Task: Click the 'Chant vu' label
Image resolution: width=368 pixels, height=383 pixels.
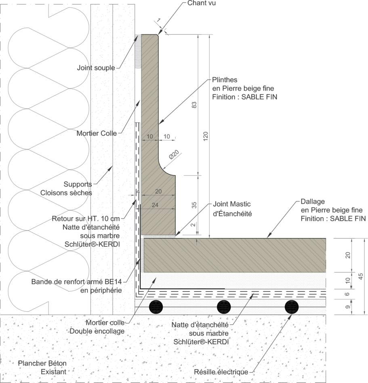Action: (201, 3)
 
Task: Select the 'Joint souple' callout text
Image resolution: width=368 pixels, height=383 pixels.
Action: (96, 68)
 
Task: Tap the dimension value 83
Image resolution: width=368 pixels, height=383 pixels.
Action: (194, 105)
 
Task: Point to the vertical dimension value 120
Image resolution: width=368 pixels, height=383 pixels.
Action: (206, 136)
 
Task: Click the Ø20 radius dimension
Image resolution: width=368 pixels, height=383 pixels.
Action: (174, 155)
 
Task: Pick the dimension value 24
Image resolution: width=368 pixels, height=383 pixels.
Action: (155, 205)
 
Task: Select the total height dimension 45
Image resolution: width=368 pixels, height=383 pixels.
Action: (361, 276)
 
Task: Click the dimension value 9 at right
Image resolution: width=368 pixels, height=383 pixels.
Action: (348, 307)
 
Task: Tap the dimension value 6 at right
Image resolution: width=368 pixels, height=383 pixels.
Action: (347, 294)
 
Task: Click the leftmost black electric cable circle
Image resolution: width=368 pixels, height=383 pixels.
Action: (156, 307)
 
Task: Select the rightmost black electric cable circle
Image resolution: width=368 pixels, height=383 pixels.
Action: (292, 307)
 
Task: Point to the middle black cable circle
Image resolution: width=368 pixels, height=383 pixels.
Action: (224, 307)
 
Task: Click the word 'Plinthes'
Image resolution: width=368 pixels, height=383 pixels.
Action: (225, 80)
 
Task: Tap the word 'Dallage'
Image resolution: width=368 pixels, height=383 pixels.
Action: (313, 201)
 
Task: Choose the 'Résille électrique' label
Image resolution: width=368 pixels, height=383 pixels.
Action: (221, 372)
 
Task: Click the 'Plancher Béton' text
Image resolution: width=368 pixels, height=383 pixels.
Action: (42, 363)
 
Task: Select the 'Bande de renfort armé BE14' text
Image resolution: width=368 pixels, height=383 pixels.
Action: (76, 282)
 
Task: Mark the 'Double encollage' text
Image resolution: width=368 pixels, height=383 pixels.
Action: (97, 331)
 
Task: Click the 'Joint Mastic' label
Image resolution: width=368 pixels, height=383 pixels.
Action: (232, 204)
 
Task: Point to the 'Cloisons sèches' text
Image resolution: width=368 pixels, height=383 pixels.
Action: (66, 193)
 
